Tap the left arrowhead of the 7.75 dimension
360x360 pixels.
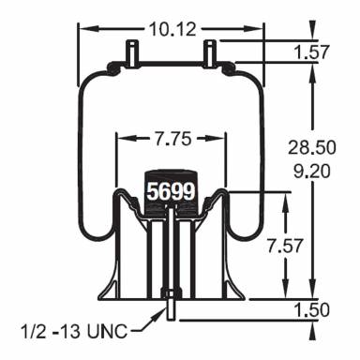point(119,141)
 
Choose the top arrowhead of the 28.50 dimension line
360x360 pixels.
point(310,70)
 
